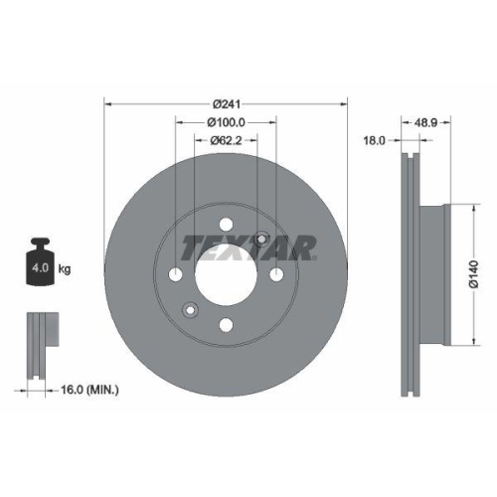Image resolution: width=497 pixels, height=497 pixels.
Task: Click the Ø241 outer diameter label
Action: tap(227, 103)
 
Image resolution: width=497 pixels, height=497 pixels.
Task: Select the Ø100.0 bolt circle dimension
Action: tap(227, 122)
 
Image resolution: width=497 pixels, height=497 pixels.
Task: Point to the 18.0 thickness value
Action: tap(375, 141)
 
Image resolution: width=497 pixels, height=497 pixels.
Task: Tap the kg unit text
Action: tap(65, 268)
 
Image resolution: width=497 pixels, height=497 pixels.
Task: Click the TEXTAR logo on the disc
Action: tap(248, 246)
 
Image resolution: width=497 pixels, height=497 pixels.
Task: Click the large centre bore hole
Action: tap(227, 274)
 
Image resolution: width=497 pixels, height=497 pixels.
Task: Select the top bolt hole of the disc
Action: tap(227, 224)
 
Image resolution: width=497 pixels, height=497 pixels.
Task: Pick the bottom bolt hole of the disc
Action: tap(227, 324)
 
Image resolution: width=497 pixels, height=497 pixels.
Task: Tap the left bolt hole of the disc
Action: tap(177, 274)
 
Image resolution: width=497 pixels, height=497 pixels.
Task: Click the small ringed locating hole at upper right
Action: tap(261, 239)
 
